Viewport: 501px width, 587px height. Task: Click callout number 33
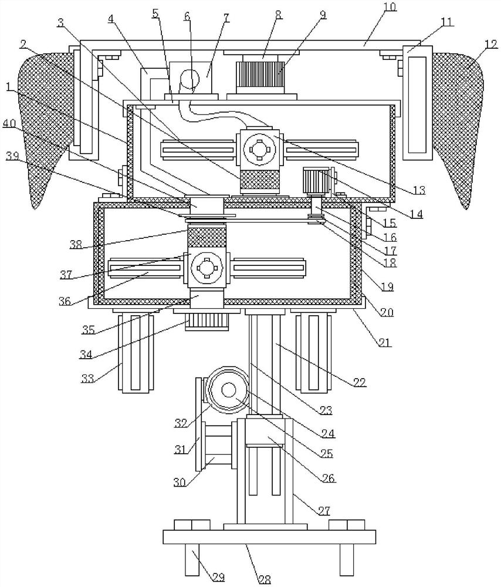pyautogui.click(x=88, y=378)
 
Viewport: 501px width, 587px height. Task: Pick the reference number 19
pyautogui.click(x=387, y=287)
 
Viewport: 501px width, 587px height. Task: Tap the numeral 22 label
pyautogui.click(x=360, y=382)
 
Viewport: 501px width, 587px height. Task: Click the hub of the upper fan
pyautogui.click(x=259, y=149)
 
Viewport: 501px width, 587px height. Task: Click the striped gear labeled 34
pyautogui.click(x=207, y=322)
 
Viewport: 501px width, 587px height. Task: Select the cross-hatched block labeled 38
pyautogui.click(x=207, y=237)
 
